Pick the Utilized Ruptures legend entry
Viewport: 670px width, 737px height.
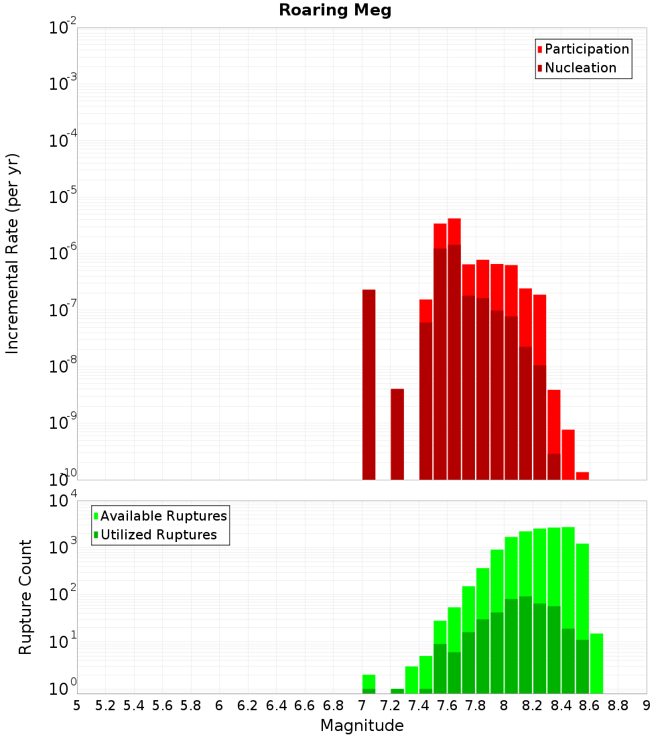(x=158, y=535)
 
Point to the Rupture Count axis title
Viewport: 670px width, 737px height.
(x=25, y=597)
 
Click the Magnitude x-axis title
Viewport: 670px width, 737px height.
(x=362, y=726)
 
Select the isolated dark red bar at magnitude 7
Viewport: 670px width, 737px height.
(x=368, y=385)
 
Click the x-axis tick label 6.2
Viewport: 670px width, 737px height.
(x=248, y=706)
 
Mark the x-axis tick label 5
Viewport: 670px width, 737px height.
(x=77, y=706)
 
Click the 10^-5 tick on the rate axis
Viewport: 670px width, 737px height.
(x=63, y=197)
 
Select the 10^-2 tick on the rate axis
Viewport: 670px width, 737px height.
(x=63, y=28)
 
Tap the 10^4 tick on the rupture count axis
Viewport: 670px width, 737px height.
(x=63, y=500)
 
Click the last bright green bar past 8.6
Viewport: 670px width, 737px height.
(x=596, y=663)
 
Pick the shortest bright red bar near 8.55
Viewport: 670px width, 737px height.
(x=582, y=476)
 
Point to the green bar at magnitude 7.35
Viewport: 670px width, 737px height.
(x=411, y=679)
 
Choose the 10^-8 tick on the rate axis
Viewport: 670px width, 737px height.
(x=63, y=366)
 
